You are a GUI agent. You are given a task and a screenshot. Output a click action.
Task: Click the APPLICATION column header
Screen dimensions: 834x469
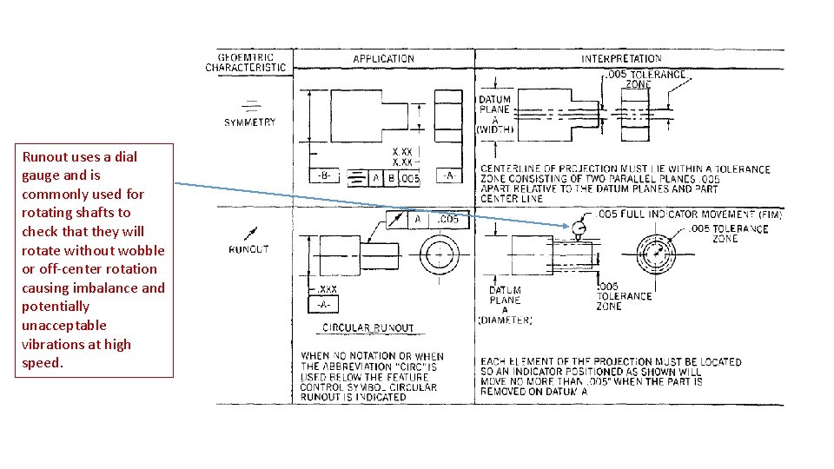coord(383,59)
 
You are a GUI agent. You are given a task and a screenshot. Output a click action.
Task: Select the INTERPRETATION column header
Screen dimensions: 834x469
coord(621,58)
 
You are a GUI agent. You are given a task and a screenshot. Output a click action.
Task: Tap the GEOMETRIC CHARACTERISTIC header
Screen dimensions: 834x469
coord(246,63)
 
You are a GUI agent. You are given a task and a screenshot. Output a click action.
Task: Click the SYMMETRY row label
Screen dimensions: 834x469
coord(249,122)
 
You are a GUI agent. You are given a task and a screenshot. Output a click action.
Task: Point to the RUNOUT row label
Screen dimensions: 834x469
coord(248,249)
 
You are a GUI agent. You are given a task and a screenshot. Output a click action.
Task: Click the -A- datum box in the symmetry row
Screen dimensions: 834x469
coord(448,175)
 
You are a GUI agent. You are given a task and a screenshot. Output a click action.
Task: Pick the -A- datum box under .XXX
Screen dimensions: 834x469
coord(323,304)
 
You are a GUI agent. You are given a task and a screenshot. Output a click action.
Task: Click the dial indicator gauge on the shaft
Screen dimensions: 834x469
coord(579,228)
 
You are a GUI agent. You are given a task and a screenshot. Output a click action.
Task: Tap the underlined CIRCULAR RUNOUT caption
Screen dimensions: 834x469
coord(367,328)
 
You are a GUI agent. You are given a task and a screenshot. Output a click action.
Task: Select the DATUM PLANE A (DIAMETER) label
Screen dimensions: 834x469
coord(505,305)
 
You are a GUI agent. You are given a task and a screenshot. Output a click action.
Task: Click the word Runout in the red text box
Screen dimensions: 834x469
coord(43,157)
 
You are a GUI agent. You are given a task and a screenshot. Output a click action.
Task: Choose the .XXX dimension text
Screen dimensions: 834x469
coord(327,289)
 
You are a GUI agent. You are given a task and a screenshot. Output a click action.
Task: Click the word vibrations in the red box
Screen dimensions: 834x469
coord(51,345)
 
